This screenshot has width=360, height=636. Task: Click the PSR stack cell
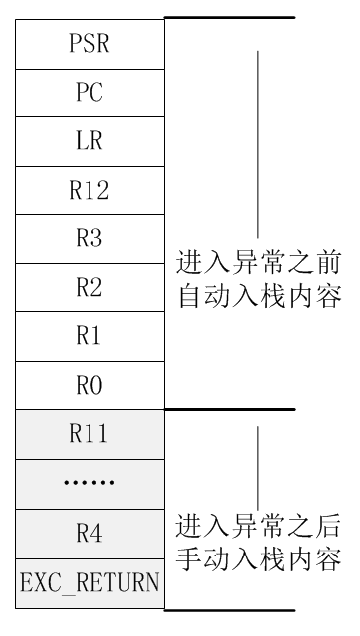coord(90,45)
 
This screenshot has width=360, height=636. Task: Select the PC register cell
coord(90,93)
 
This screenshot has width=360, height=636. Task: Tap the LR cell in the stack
coord(90,142)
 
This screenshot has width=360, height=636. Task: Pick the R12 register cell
coord(90,191)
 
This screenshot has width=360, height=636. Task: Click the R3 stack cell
coord(90,239)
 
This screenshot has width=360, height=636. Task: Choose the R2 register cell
coord(90,288)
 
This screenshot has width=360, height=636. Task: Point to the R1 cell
coord(90,336)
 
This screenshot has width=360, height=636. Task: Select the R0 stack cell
coord(90,385)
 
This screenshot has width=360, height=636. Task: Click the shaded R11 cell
coord(90,433)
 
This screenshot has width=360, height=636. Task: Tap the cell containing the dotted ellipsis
coord(90,484)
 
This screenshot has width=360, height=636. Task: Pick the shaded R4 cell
coord(90,534)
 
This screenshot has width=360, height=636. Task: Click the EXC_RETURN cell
coord(90,583)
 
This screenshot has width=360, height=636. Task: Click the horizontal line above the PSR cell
coord(229,18)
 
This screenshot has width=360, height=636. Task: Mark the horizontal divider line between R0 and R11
coord(229,409)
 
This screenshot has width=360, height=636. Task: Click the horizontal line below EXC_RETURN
coord(229,609)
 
